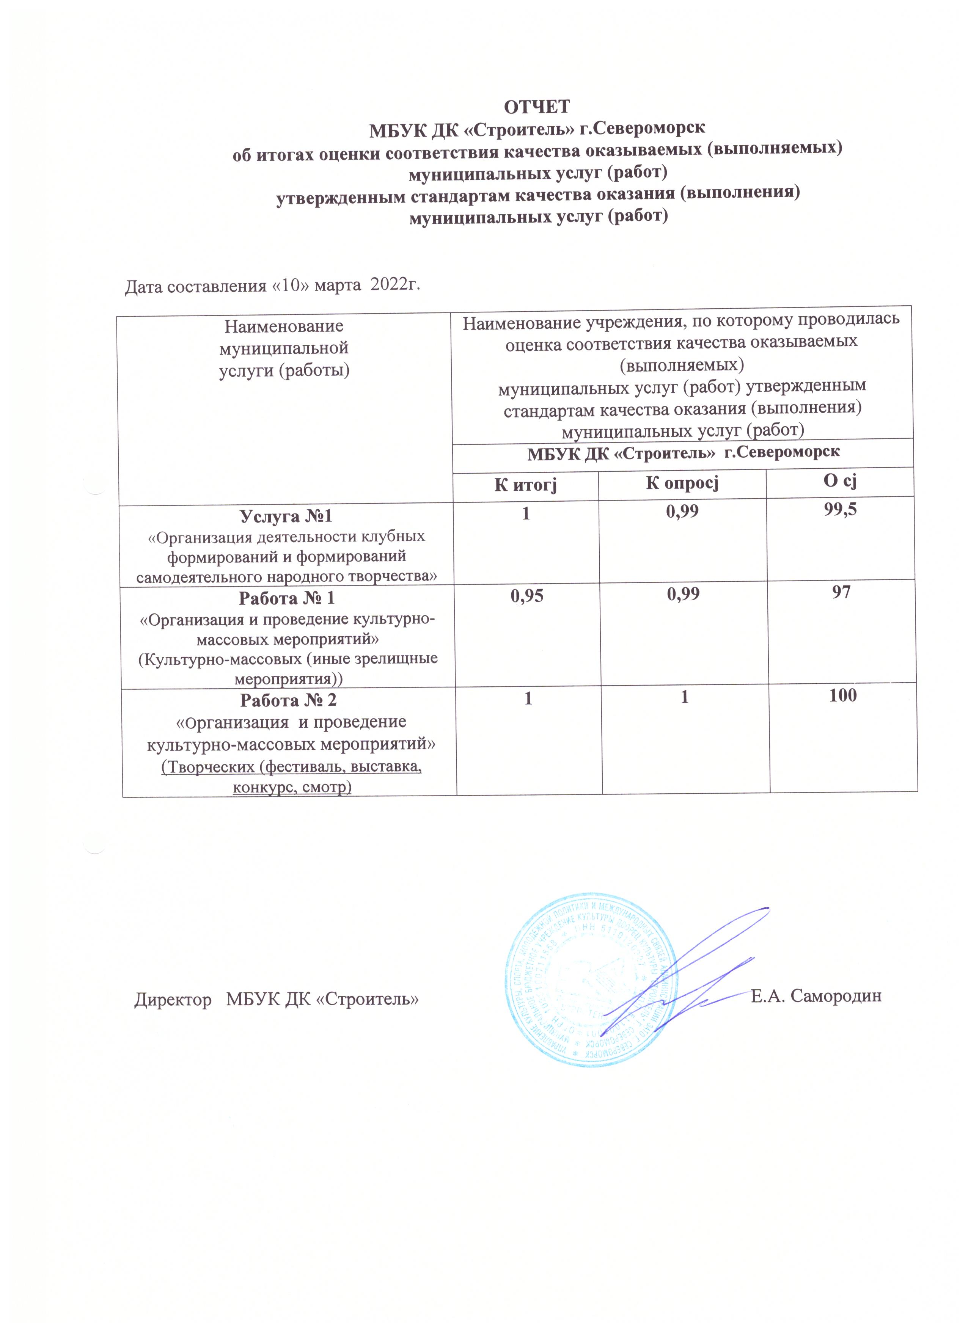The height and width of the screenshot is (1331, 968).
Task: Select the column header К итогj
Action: click(525, 484)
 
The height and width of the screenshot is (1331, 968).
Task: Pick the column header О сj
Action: click(840, 481)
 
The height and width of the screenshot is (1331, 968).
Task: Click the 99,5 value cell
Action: click(840, 509)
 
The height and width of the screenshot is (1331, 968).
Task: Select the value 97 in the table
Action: click(841, 592)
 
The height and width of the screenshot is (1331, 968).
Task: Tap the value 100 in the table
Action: click(843, 695)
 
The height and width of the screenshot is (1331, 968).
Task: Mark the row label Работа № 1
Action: click(286, 599)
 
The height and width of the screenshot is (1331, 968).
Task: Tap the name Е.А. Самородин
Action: click(816, 996)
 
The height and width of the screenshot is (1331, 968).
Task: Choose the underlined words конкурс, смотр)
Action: click(292, 786)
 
